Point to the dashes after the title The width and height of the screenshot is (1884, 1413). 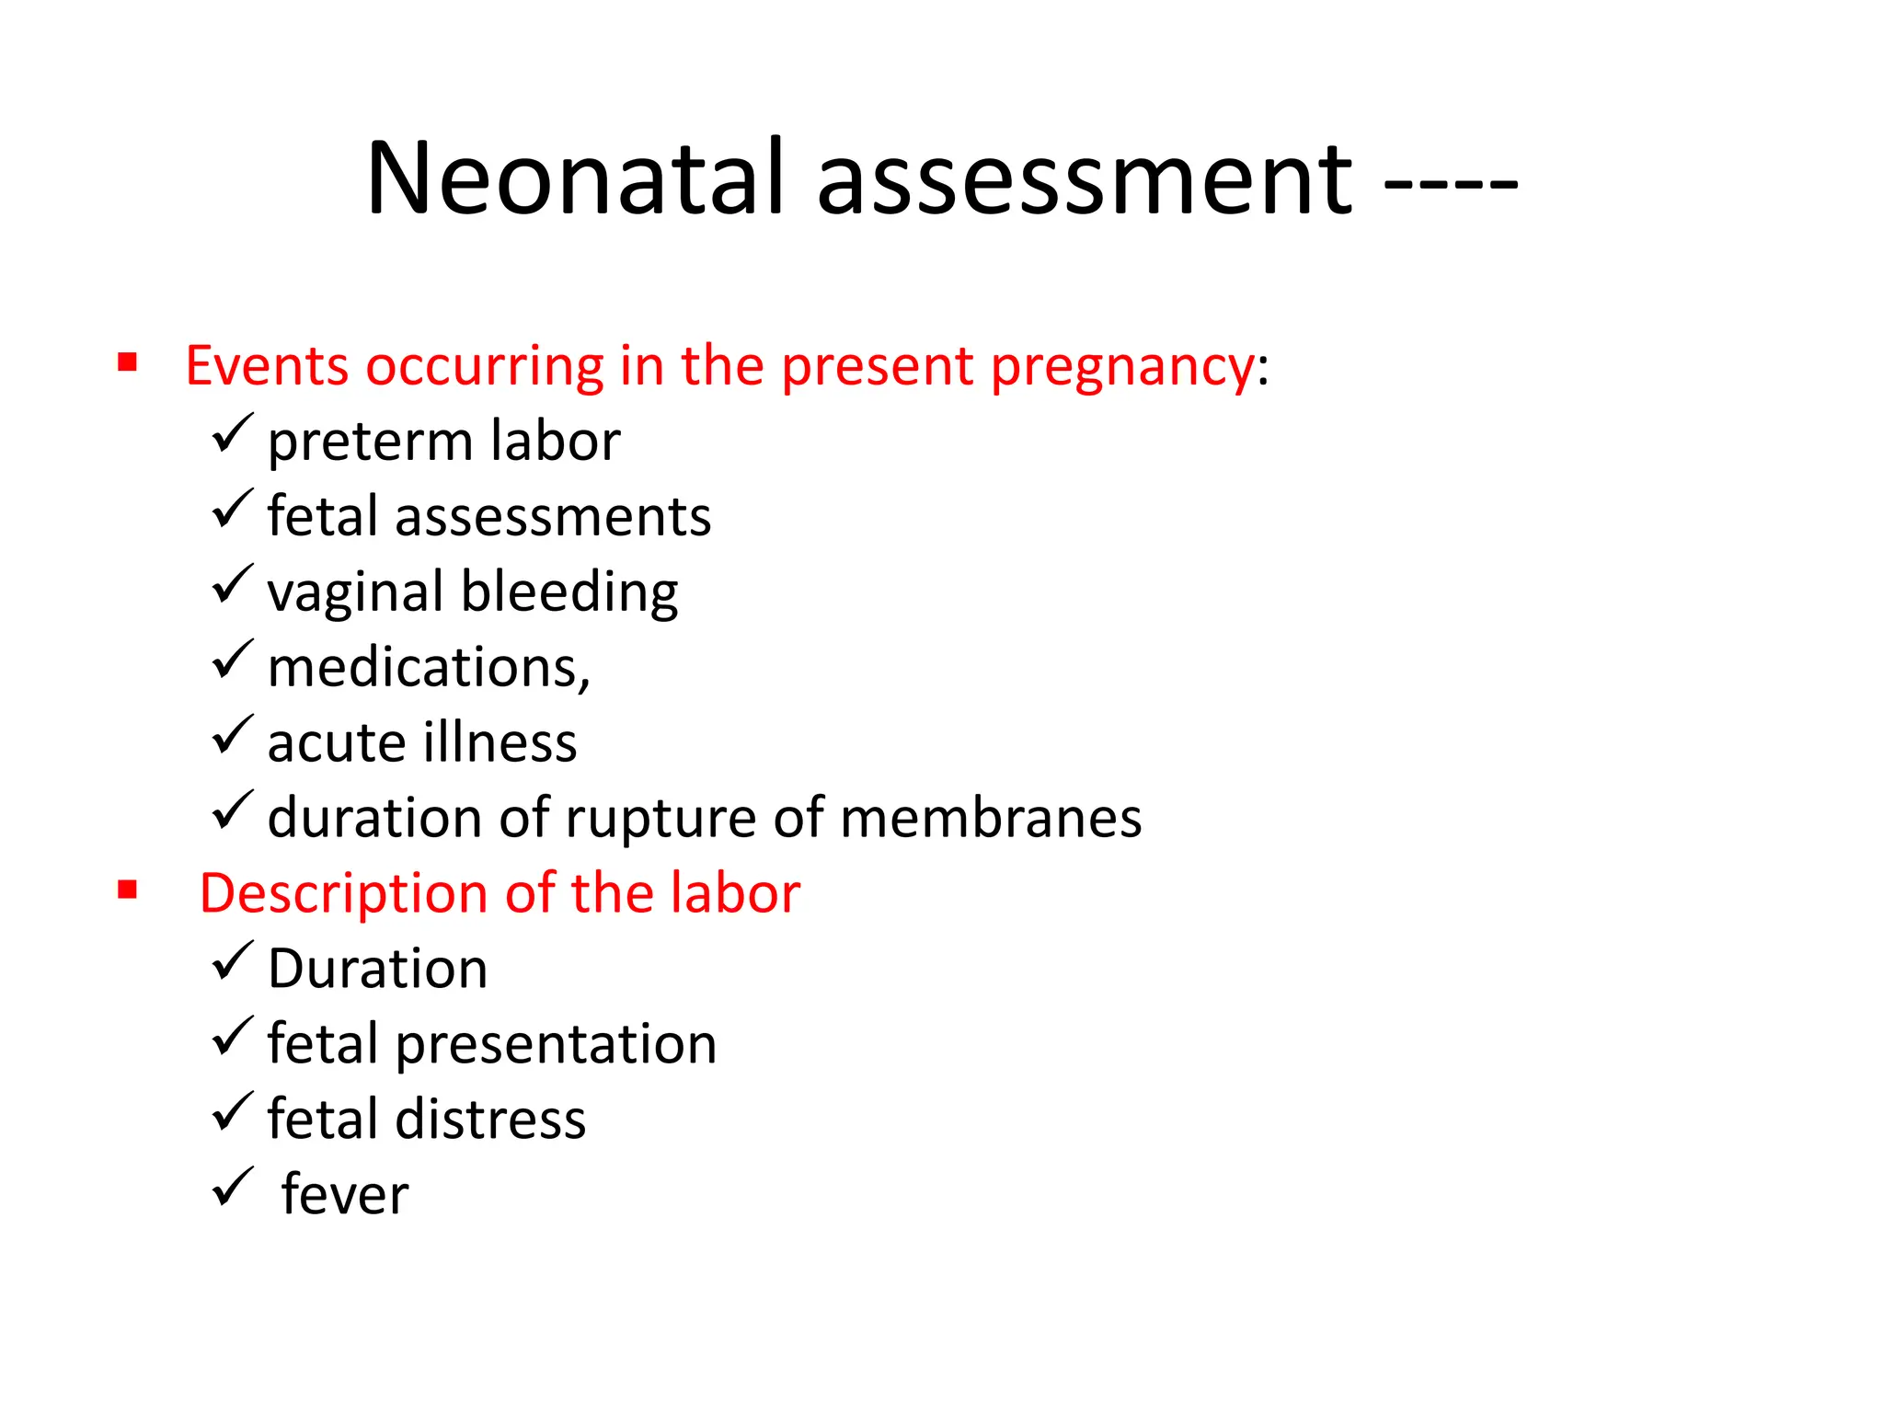pyautogui.click(x=1451, y=182)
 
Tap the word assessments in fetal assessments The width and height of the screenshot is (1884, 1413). pyautogui.click(x=553, y=516)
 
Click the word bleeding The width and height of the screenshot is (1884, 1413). pyautogui.click(x=569, y=592)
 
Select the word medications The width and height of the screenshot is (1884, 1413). pyautogui.click(x=429, y=667)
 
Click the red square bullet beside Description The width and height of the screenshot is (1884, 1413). pyautogui.click(x=128, y=890)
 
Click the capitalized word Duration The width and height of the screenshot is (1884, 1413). pyautogui.click(x=377, y=969)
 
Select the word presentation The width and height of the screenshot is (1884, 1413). pyautogui.click(x=557, y=1045)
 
